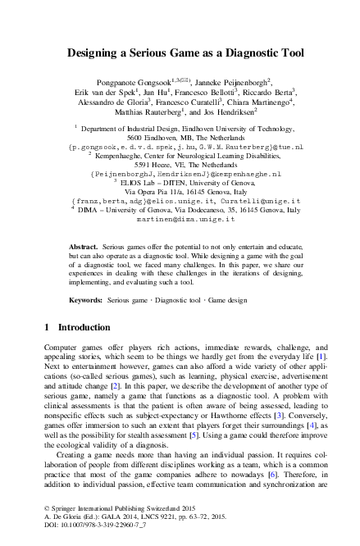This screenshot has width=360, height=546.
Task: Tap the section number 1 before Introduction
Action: tap(47, 328)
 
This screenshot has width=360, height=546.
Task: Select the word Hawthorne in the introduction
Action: tap(251, 395)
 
